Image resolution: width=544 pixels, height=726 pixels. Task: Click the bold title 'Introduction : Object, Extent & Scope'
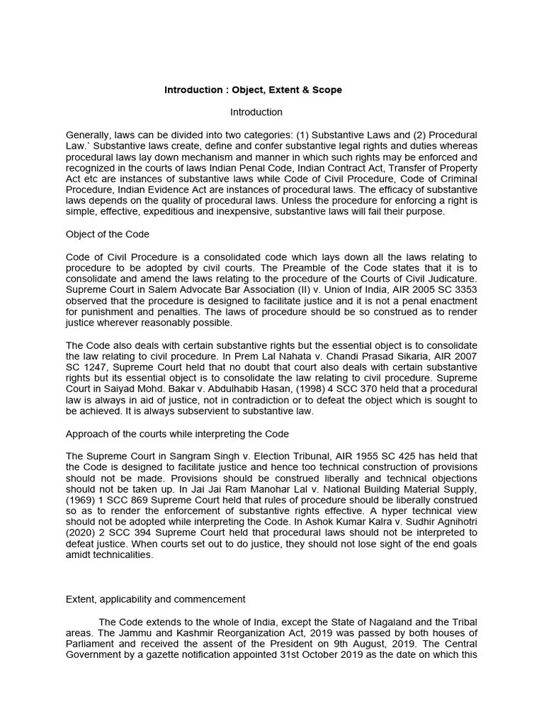[x=253, y=90]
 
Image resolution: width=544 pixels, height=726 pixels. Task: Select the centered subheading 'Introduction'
[x=256, y=112]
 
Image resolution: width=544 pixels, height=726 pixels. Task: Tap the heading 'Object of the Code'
[x=107, y=234]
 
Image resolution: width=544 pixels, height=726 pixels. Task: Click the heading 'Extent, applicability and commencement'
[x=156, y=599]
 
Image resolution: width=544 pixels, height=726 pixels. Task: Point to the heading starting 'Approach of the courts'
[x=177, y=433]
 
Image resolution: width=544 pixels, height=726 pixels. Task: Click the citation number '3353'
[x=465, y=289]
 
